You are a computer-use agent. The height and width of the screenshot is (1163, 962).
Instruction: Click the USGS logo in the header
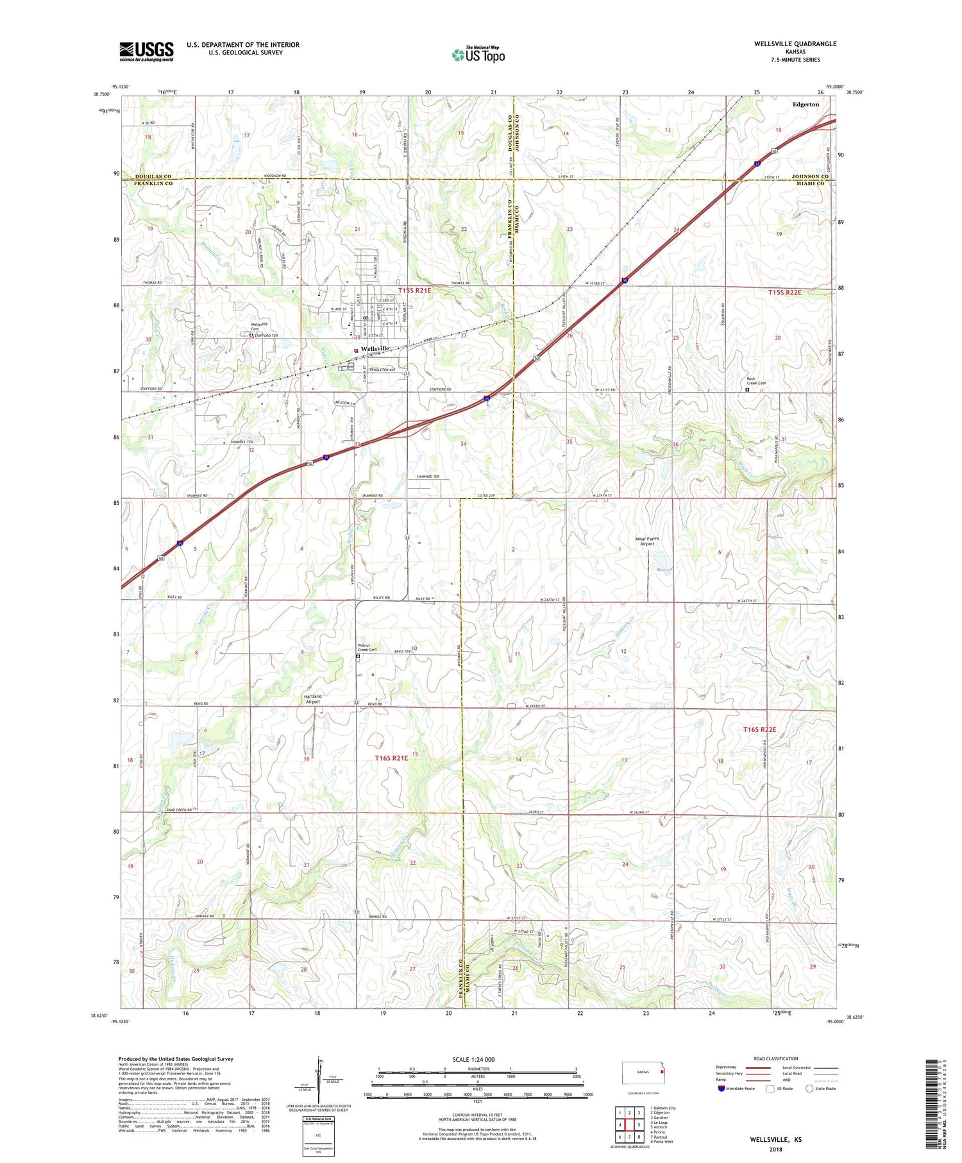click(146, 51)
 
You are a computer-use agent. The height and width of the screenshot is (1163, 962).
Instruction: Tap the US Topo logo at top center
click(478, 55)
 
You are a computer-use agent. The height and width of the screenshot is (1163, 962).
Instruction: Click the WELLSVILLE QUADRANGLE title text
click(795, 44)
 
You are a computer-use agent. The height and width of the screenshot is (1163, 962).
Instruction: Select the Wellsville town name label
click(375, 348)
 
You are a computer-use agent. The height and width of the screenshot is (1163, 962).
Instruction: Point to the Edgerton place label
click(806, 104)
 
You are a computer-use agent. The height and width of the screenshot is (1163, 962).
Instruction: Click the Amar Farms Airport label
click(647, 541)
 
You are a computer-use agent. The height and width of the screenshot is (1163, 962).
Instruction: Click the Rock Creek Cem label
click(756, 381)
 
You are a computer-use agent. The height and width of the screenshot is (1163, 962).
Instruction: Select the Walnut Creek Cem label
click(369, 647)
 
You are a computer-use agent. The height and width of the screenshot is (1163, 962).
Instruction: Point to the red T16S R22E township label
click(760, 729)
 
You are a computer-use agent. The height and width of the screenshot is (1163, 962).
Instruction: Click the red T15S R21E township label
click(414, 291)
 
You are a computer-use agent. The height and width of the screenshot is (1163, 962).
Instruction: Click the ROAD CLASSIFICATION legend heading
click(776, 1058)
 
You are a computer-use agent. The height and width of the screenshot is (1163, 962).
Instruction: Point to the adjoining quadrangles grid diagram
click(629, 1125)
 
